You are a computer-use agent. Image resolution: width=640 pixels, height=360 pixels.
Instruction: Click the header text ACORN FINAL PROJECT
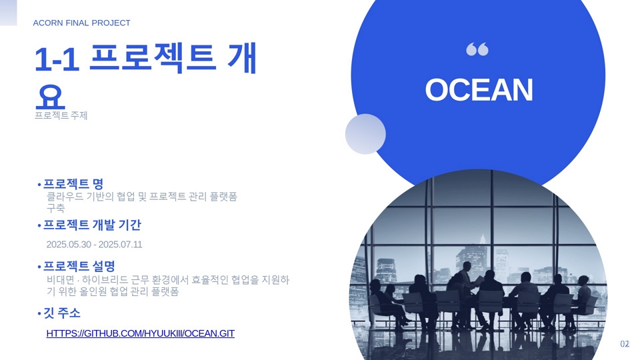(x=81, y=23)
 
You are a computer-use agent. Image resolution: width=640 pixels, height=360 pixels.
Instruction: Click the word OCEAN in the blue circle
(x=479, y=90)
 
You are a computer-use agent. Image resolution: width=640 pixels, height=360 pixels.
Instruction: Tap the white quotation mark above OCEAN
(x=477, y=49)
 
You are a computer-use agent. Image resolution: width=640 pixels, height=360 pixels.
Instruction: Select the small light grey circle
(x=365, y=134)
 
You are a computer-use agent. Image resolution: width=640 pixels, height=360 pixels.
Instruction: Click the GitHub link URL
(x=141, y=333)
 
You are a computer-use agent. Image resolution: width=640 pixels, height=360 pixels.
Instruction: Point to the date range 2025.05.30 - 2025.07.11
(x=94, y=245)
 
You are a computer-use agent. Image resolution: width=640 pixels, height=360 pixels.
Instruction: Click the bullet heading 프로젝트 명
(x=73, y=184)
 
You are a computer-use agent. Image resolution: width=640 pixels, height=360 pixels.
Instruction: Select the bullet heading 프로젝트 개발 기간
(x=92, y=225)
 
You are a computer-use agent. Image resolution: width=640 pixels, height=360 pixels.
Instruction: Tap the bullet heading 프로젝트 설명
(x=79, y=266)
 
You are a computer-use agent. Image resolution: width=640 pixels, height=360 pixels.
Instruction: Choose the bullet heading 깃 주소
(x=62, y=313)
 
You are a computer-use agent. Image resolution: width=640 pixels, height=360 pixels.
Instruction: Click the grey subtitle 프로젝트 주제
(x=61, y=115)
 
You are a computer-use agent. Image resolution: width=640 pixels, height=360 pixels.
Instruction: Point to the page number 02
(x=625, y=344)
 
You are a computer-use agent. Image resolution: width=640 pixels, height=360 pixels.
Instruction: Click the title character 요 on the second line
(x=50, y=97)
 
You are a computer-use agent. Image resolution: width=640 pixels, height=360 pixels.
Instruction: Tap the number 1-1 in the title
(x=57, y=59)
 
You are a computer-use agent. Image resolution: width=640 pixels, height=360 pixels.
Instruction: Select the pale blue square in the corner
(x=8, y=13)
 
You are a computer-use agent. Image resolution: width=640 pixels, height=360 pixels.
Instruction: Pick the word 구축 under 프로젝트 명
(x=56, y=208)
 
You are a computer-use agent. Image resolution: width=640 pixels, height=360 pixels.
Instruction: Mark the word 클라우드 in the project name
(x=65, y=197)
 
